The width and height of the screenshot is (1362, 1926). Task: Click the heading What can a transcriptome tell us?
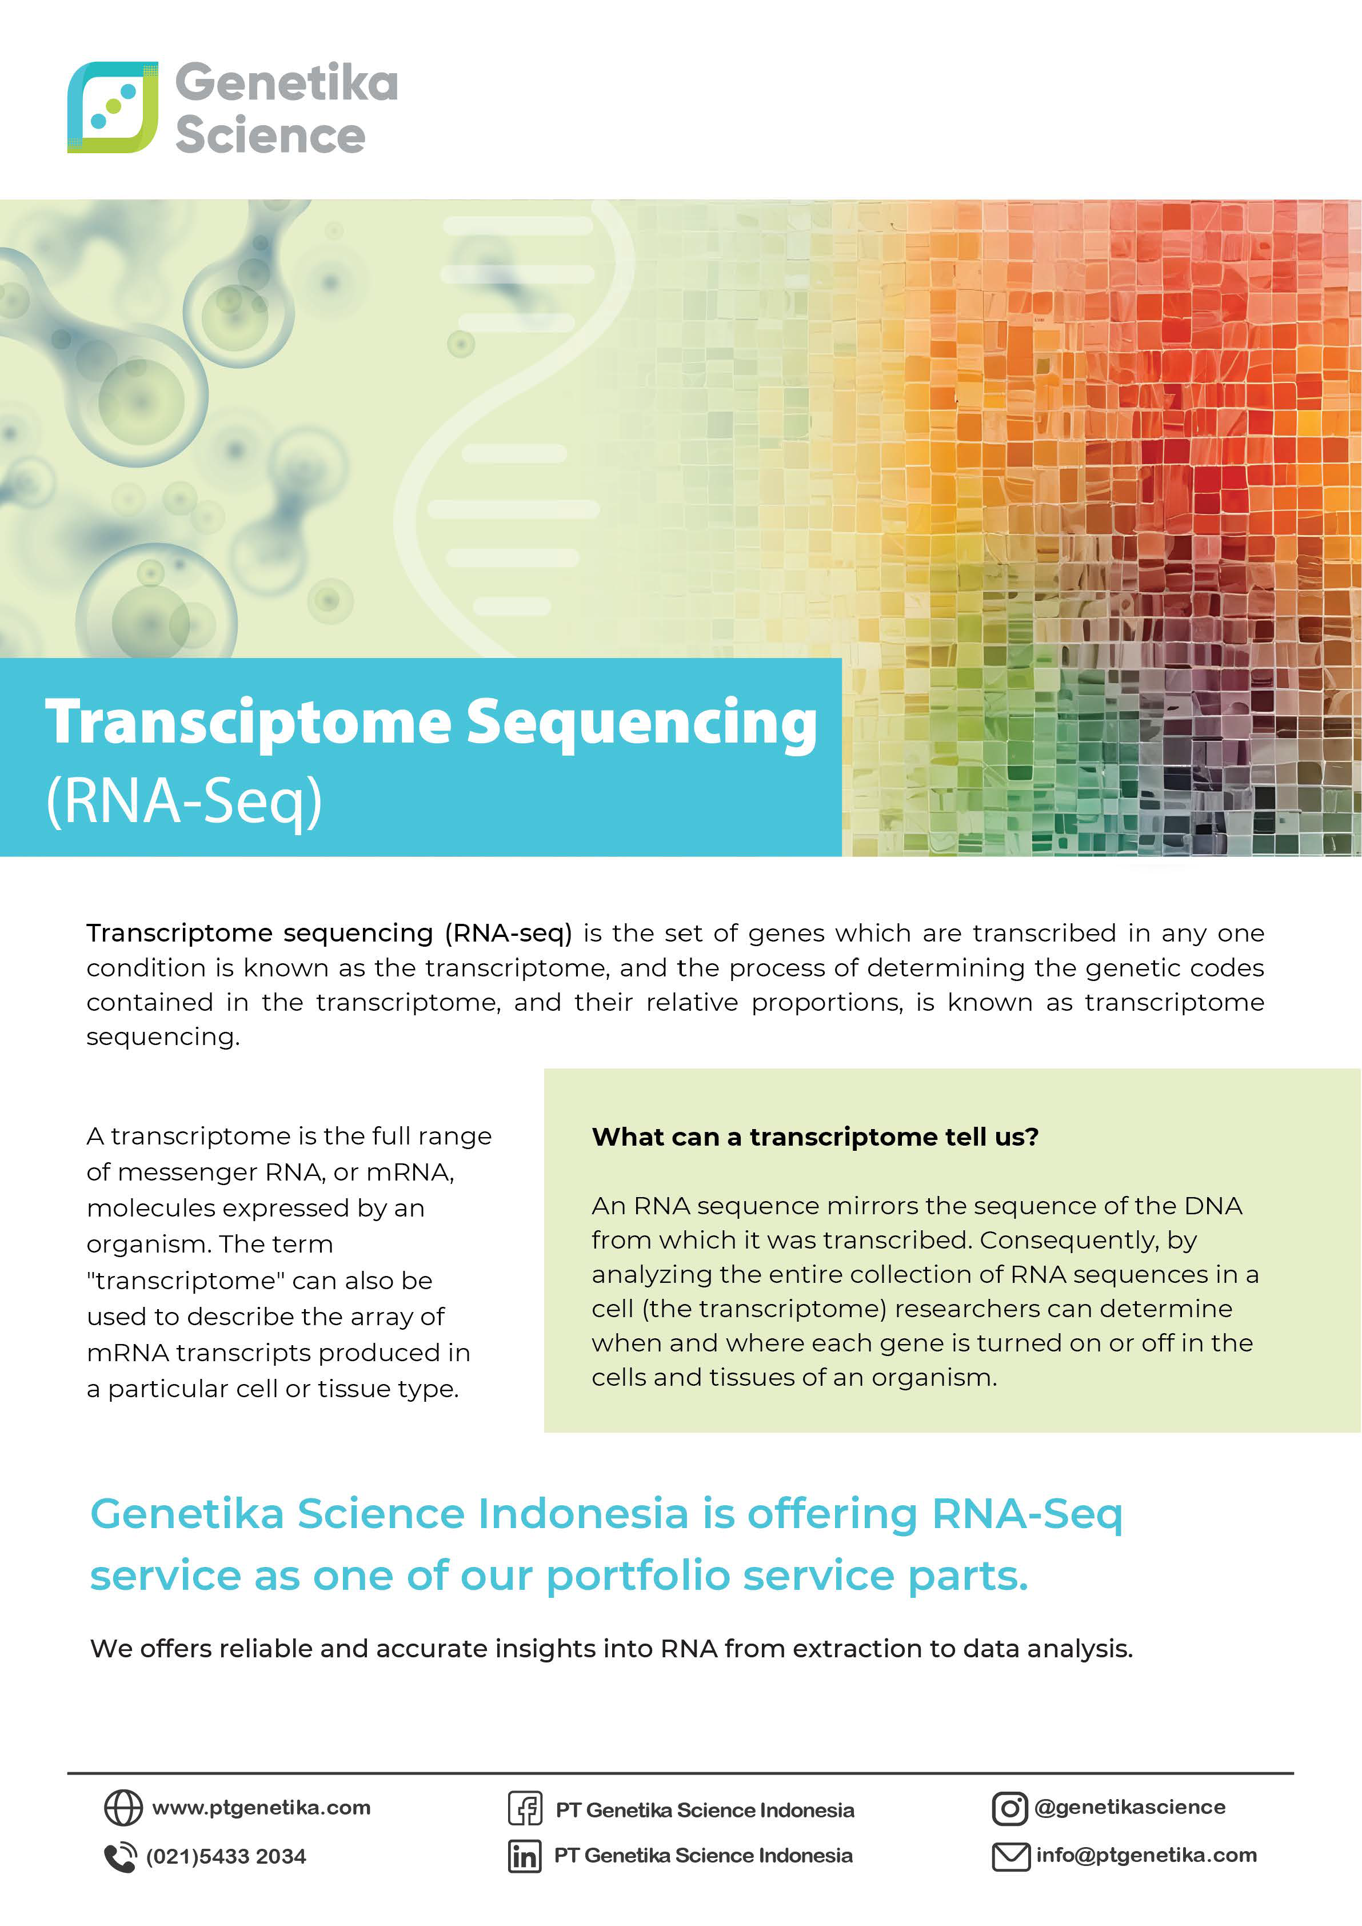coord(815,1137)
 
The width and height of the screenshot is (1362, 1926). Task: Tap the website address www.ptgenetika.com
coord(261,1807)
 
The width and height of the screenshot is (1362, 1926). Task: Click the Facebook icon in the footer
coord(525,1809)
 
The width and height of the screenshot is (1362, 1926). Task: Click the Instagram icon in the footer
coord(1010,1809)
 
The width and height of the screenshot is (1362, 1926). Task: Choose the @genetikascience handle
coord(1130,1807)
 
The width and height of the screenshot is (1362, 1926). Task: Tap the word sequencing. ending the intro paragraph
coord(163,1037)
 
